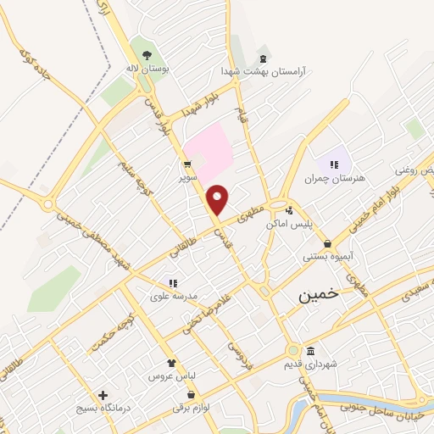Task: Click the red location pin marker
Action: click(x=218, y=200)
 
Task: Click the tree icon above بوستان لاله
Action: click(x=147, y=55)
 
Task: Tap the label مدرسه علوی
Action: click(x=174, y=296)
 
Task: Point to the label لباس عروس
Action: click(x=168, y=375)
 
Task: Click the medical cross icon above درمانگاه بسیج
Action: click(x=103, y=395)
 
